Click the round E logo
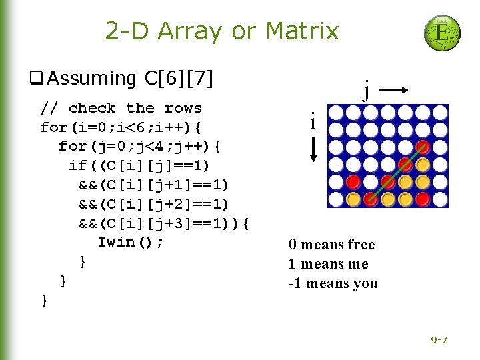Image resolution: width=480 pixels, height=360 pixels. [442, 33]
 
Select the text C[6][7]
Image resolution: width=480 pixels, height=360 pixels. [179, 79]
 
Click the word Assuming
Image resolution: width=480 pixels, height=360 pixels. [91, 79]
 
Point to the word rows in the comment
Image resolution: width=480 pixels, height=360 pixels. [183, 108]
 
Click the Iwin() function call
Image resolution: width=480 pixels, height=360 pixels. [130, 242]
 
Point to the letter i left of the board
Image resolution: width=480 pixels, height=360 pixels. [312, 122]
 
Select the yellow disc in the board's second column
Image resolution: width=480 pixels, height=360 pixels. [353, 198]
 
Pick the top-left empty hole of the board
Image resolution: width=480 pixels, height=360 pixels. [337, 113]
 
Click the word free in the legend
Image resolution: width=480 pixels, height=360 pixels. [359, 245]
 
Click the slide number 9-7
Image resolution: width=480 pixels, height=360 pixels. [439, 341]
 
